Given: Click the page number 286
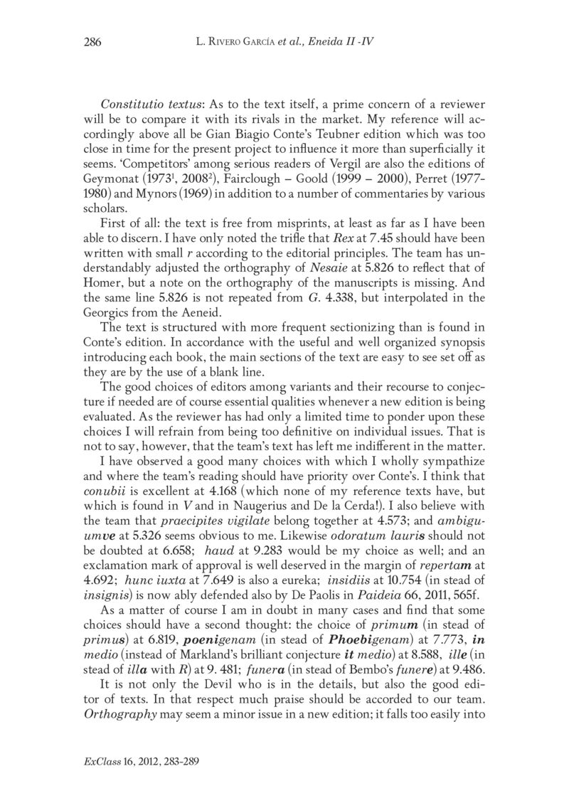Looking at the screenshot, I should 93,42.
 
